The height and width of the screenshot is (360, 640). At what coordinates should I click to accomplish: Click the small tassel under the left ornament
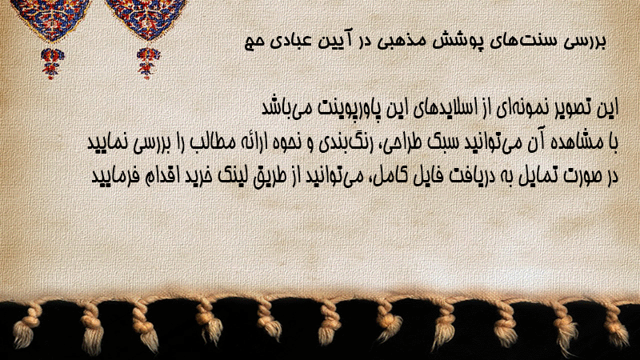point(52,63)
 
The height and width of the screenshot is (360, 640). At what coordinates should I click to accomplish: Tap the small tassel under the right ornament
point(148,63)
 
